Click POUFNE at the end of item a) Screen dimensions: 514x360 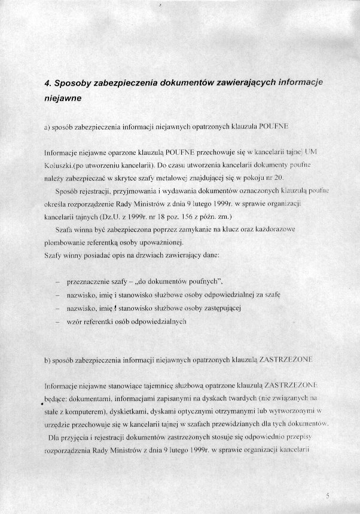click(x=274, y=127)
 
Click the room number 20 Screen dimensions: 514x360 click(x=278, y=178)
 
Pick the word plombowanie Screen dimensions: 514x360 click(x=65, y=243)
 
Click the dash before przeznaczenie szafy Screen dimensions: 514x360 click(x=57, y=282)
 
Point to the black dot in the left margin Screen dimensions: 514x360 click(x=42, y=404)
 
